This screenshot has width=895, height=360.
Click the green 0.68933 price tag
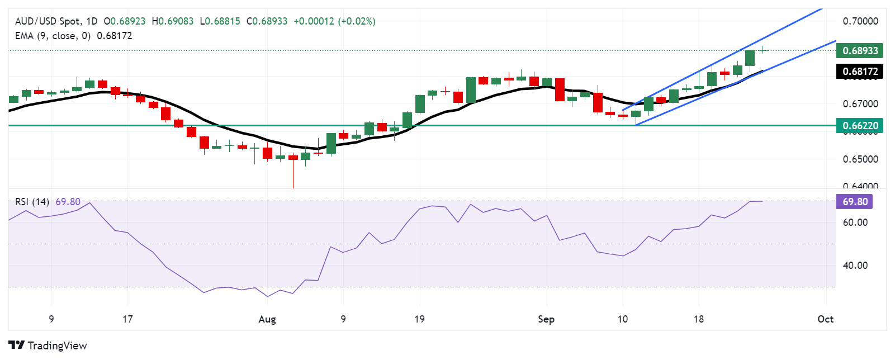click(860, 50)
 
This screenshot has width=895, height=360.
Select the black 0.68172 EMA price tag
click(860, 71)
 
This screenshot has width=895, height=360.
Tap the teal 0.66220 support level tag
click(860, 125)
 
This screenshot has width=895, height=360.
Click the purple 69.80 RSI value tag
click(854, 201)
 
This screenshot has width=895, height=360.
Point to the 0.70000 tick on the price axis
click(860, 21)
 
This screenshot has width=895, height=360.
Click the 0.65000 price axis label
click(860, 159)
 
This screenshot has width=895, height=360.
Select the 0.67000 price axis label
click(860, 103)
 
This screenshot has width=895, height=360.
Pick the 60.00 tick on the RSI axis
click(855, 222)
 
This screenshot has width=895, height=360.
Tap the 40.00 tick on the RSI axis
click(855, 265)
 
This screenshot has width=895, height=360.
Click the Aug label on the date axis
click(267, 319)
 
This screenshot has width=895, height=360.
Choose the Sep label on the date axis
click(546, 319)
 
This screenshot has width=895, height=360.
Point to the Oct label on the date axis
click(825, 319)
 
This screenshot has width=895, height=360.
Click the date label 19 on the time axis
click(419, 319)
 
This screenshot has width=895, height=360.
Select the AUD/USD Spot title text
click(48, 21)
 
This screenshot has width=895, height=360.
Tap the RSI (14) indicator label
click(32, 201)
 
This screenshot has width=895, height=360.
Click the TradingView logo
click(48, 345)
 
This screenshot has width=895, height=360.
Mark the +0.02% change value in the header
click(357, 21)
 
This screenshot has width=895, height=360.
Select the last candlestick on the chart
click(763, 50)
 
